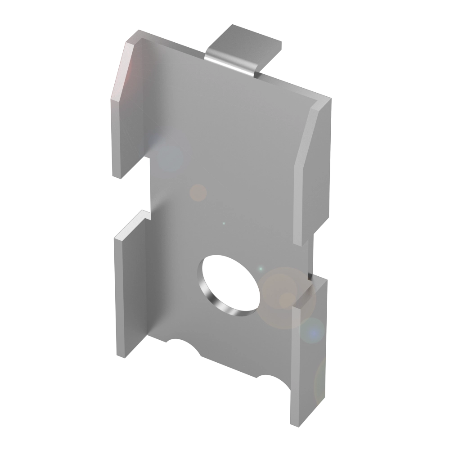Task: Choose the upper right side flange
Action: click(310, 171)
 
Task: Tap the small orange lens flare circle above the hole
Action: click(198, 193)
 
